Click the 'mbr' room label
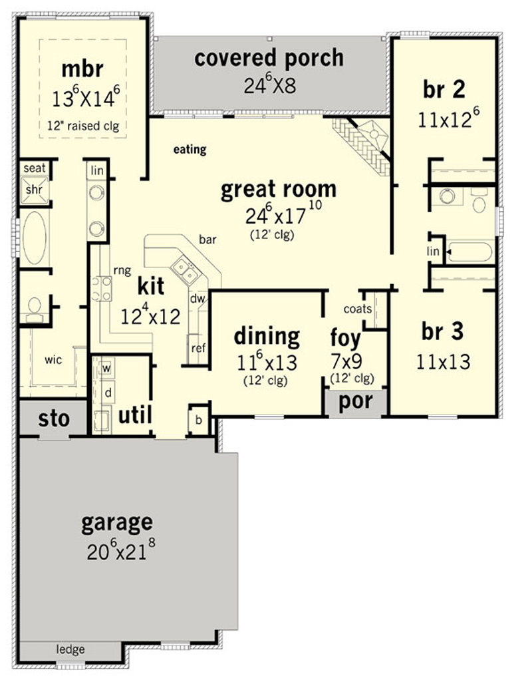82,69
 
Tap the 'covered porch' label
269,58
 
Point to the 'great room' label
278,190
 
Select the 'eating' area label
190,150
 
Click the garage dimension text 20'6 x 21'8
121,550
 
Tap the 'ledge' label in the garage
70,649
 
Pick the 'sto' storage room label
54,419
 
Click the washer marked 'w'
106,369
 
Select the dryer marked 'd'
108,393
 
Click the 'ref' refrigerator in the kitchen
198,349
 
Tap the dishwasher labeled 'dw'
198,298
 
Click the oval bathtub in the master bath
35,237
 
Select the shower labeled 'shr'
35,190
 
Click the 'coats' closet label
358,309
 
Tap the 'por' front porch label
356,402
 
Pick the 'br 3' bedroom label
443,331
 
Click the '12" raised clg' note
83,126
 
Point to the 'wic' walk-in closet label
53,359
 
